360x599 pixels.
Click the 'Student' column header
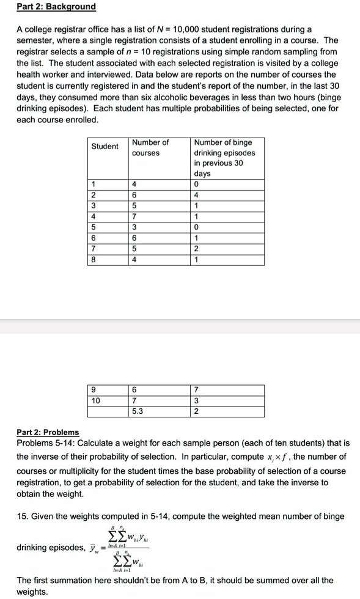105,147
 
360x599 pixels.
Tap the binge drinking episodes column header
224,158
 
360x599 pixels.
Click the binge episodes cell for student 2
196,195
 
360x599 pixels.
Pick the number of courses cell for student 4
134,216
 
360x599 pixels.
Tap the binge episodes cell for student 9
196,390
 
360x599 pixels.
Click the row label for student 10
95,401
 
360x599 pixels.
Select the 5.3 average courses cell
138,411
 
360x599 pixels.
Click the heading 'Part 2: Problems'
48,433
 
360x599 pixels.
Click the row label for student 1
93,184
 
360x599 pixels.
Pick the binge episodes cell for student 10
196,401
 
